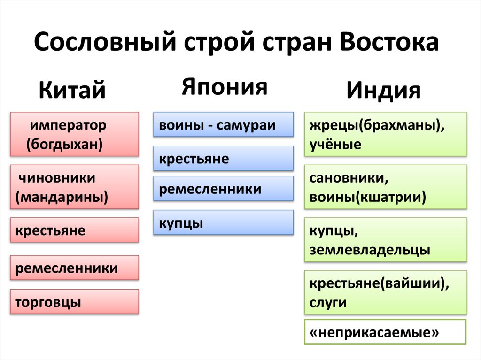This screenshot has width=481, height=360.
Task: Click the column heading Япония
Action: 225,87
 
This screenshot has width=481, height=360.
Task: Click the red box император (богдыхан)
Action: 74,134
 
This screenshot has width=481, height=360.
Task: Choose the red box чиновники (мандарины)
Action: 74,187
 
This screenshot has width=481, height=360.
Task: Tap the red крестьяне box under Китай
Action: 74,230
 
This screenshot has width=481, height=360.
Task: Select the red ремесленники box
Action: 74,268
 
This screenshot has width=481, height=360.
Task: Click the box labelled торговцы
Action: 74,301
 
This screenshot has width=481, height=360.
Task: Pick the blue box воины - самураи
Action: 223,124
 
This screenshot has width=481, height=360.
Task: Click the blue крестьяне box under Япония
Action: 223,158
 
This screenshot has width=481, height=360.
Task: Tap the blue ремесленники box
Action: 223,189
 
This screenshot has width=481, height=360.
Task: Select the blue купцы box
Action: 223,222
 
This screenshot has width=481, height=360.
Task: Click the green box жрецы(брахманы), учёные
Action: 385,134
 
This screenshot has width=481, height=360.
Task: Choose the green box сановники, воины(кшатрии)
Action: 385,187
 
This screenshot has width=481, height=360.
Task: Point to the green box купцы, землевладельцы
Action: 385,240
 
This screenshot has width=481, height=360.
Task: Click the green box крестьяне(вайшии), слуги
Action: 385,292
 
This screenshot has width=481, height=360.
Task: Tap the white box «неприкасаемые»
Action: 385,332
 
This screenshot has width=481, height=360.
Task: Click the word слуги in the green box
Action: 328,303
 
